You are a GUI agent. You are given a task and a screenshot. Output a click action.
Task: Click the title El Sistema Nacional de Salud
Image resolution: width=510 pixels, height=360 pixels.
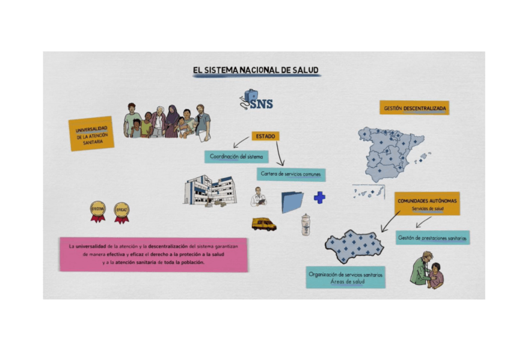click(x=256, y=70)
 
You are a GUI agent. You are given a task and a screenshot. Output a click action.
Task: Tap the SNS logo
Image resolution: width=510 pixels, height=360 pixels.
click(x=255, y=100)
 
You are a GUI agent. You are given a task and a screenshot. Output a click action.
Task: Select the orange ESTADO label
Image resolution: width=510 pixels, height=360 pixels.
click(x=265, y=136)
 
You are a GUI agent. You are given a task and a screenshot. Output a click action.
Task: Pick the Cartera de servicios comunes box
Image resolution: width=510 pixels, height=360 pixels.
click(x=291, y=174)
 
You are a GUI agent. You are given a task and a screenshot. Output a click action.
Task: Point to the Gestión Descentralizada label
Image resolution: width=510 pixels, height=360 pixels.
click(x=414, y=108)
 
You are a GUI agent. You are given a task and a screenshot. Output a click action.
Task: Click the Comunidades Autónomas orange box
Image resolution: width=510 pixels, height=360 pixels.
click(x=428, y=203)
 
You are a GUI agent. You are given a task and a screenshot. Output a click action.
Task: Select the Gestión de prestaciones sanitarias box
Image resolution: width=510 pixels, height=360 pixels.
click(x=432, y=238)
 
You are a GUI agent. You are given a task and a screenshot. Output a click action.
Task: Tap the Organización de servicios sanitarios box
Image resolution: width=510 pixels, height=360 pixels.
click(x=345, y=277)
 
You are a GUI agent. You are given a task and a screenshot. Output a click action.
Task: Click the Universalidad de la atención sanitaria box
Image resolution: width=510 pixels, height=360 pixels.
click(x=91, y=133)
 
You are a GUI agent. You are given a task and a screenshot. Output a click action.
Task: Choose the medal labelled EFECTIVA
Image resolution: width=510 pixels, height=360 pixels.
click(x=97, y=211)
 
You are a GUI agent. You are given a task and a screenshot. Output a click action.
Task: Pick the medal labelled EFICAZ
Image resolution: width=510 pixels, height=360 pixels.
click(x=121, y=212)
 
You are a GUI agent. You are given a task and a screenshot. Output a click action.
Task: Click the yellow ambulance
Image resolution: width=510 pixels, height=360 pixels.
click(x=264, y=224)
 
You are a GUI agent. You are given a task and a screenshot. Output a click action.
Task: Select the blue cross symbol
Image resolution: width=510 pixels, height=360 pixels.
click(x=319, y=197)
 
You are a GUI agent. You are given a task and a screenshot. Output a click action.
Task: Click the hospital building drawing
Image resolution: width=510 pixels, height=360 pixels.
click(x=209, y=191)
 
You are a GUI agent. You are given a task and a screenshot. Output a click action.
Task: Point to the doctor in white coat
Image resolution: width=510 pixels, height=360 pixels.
click(x=259, y=197)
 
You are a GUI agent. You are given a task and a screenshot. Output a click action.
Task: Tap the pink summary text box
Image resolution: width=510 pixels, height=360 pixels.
click(x=153, y=254)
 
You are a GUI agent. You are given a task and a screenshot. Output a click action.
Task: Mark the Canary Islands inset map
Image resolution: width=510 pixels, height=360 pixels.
click(x=368, y=193)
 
